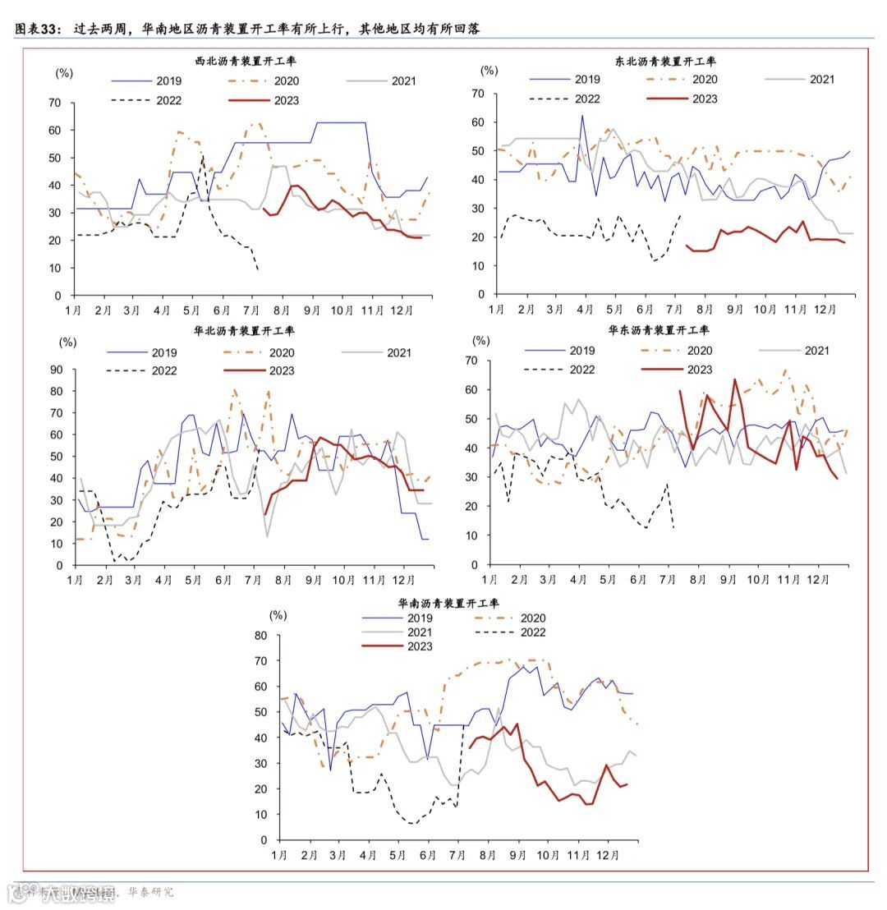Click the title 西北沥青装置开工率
[x=244, y=62]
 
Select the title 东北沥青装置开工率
[x=665, y=61]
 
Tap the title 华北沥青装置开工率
[x=244, y=331]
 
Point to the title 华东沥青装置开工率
[x=659, y=330]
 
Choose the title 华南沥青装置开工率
[x=448, y=602]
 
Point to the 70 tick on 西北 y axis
[x=55, y=103]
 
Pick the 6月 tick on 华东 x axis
[x=637, y=580]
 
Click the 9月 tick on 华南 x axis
[x=517, y=855]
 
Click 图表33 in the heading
[x=36, y=29]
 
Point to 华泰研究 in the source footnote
[x=150, y=892]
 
